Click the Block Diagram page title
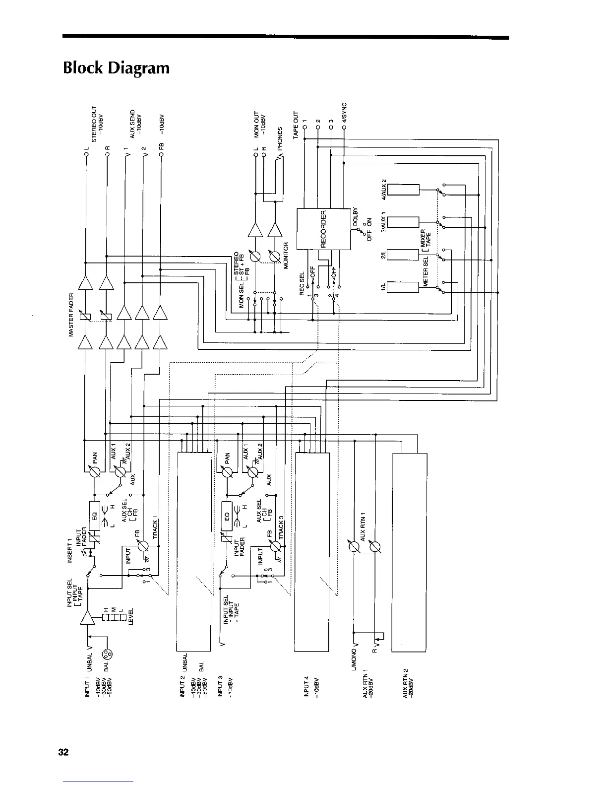click(x=116, y=67)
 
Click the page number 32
click(x=63, y=752)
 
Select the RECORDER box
click(x=323, y=228)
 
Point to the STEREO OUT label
click(x=94, y=124)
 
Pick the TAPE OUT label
click(x=296, y=125)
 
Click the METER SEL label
click(x=425, y=274)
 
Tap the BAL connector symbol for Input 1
click(x=107, y=654)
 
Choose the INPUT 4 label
click(x=306, y=687)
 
